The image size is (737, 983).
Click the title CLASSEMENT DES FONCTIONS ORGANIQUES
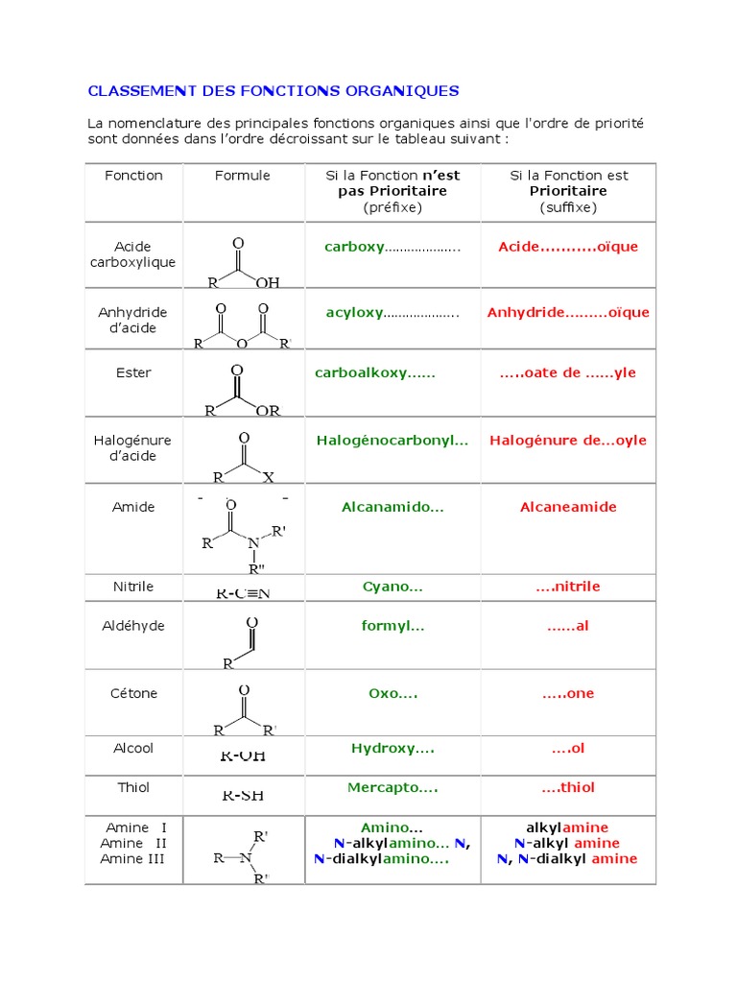(273, 91)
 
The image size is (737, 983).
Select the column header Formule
(243, 176)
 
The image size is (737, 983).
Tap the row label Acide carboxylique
(132, 254)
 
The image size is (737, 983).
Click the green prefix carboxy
(354, 247)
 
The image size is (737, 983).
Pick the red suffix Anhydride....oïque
(568, 312)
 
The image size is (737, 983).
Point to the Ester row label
(132, 372)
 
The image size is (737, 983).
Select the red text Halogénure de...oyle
(568, 441)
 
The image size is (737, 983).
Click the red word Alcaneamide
(568, 507)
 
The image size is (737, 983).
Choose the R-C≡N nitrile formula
(243, 592)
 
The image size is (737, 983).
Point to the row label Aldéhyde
(132, 626)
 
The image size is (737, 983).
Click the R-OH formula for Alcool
(243, 755)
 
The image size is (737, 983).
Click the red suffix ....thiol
(568, 787)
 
